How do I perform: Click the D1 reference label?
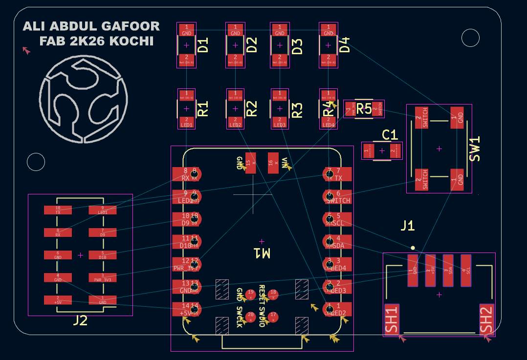point(203,45)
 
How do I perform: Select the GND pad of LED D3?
point(280,30)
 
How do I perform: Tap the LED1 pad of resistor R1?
point(186,122)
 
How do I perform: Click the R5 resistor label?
point(364,109)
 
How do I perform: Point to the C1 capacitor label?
point(390,135)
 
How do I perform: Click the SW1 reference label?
point(475,148)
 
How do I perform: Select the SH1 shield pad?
point(392,319)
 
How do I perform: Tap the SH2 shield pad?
point(486,319)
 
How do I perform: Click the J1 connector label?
point(407,225)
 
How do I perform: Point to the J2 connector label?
point(80,320)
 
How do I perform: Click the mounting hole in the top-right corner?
point(470,38)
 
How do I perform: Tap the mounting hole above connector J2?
point(36,162)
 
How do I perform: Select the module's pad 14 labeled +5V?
point(185,309)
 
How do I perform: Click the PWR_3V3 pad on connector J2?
point(102,277)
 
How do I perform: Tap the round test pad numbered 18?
point(273,294)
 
